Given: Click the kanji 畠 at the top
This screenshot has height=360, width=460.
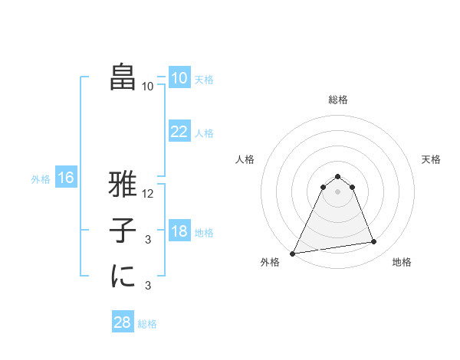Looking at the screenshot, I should (123, 78).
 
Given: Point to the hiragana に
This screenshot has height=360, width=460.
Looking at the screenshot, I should (123, 277).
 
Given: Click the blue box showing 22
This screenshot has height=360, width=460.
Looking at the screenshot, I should (179, 132).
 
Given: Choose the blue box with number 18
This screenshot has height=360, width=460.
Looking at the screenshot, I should (179, 231).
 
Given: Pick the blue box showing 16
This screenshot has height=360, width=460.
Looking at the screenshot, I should (66, 178).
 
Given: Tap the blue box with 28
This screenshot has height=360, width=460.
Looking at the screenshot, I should (123, 322).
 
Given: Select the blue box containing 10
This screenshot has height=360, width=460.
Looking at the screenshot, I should (179, 78).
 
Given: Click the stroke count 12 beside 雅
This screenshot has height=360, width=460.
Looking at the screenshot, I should (149, 194).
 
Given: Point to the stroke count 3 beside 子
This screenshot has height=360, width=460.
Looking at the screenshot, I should (148, 240).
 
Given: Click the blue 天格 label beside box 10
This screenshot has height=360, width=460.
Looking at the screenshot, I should (204, 80).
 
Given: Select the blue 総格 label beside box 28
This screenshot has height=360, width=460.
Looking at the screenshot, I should (147, 324).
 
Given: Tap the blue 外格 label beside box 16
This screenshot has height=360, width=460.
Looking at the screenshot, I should (41, 179).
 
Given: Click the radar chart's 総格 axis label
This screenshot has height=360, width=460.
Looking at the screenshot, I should (338, 100).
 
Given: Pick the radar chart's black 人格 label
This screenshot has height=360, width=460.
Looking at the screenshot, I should (245, 159).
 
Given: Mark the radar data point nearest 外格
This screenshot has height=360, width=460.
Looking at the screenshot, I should (293, 253).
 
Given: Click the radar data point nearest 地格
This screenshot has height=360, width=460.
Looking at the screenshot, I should (374, 242).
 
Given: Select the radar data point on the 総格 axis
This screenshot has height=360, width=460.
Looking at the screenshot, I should (338, 176).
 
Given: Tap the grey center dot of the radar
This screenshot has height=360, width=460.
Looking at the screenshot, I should (338, 191).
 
